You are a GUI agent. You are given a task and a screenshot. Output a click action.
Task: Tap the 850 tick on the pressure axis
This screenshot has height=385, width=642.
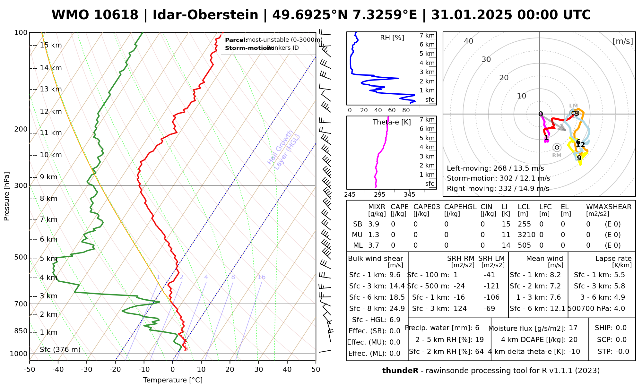[x=21, y=331]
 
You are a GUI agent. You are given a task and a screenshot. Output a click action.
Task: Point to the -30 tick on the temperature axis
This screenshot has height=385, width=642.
[x=87, y=370]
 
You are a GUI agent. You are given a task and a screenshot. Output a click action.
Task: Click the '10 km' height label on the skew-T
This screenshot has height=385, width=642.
[x=51, y=155]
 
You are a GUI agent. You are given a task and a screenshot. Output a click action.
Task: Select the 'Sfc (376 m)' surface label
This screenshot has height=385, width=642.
[x=60, y=349]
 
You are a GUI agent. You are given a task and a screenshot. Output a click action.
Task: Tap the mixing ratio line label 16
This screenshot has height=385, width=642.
[x=261, y=277]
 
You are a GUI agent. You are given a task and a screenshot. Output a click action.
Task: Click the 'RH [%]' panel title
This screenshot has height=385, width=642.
[x=392, y=38]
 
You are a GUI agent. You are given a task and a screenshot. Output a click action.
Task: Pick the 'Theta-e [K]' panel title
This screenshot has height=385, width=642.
[x=392, y=122]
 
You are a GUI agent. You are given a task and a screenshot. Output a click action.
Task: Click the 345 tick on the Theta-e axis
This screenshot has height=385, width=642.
[x=409, y=195]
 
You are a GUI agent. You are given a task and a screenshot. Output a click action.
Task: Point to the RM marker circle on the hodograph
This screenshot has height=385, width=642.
[x=557, y=148]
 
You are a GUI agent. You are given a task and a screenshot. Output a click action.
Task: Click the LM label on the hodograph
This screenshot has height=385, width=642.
[x=573, y=106]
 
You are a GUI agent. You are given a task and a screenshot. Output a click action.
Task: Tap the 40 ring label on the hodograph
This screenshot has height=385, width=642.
[x=469, y=41]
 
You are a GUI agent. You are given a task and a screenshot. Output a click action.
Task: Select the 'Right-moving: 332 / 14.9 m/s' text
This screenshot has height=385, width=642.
[x=498, y=189]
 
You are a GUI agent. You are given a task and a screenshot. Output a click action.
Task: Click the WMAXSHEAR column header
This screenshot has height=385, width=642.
[x=609, y=207]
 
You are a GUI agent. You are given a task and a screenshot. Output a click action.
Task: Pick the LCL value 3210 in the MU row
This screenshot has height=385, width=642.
[x=526, y=235]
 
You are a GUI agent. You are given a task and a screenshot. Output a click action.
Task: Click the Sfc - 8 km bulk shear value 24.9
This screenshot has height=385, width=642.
[x=397, y=309]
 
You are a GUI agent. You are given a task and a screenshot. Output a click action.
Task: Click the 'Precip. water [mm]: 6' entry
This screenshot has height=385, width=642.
[x=442, y=328]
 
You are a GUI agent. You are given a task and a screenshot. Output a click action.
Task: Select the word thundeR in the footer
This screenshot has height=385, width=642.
[x=400, y=371]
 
